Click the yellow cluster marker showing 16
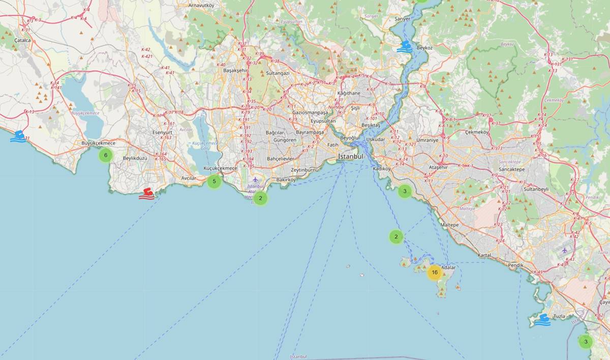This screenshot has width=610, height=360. pos(434,273)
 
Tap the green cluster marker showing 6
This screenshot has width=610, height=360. pos(105,155)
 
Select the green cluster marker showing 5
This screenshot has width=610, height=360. pos(214,181)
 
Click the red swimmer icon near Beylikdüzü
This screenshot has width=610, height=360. pos(146,193)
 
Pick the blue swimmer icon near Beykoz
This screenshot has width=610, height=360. pos(405,47)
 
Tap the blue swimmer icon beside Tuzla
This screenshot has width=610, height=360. pos(542,320)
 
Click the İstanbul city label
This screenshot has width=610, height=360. pos(351,157)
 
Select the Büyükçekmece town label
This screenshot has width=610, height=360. pos(99,143)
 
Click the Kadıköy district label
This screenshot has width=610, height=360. pos(381,168)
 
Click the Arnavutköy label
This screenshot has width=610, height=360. pos(201,5)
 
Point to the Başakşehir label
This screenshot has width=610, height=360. pos(235,70)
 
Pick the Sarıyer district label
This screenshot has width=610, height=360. pos(402,19)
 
